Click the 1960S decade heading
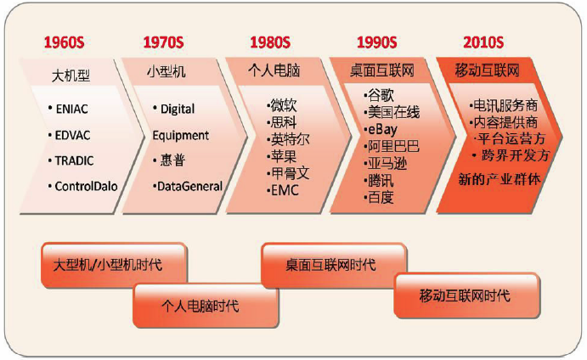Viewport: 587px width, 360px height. pos(64,42)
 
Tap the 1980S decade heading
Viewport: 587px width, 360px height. pos(270,42)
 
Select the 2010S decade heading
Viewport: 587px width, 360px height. pos(483,42)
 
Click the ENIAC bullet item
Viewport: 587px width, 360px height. pos(71,109)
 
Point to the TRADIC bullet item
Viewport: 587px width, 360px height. pos(74,160)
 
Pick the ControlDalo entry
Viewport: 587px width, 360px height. pos(86,186)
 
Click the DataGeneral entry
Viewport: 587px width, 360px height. pos(189,186)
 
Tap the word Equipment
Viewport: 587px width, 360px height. pos(180,136)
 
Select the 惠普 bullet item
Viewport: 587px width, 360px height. pos(172,160)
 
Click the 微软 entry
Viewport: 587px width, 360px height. pos(284,105)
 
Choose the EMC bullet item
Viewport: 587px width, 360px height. pos(285,190)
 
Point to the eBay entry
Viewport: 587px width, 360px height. pos(382,129)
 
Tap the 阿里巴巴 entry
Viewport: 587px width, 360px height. pos(393,146)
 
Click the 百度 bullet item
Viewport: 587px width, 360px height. pos(381,197)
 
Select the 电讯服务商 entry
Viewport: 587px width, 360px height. pos(505,105)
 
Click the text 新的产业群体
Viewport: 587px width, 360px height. pos(500,179)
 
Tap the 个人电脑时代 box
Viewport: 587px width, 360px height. pos(206,306)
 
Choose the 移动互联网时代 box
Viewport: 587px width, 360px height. pos(466,295)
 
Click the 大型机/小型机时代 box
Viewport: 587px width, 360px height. pos(114,265)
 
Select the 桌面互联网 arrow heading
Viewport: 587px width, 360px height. pos(382,70)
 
